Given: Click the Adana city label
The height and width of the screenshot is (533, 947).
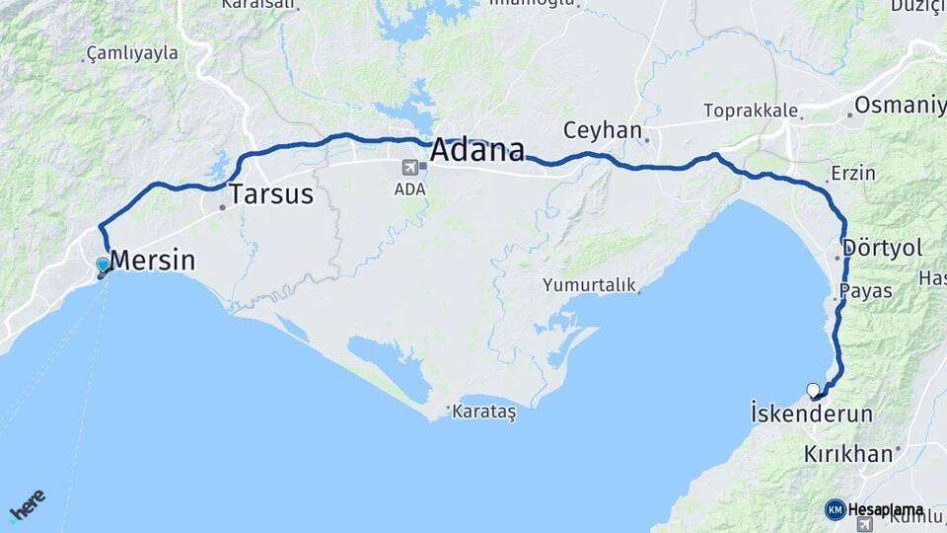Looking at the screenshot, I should pos(477,151).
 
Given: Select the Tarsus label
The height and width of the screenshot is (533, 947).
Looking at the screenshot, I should pos(271,193).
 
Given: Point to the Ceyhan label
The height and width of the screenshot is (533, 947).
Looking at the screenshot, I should pos(602,130).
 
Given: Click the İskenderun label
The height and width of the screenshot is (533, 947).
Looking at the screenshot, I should pos(812,414).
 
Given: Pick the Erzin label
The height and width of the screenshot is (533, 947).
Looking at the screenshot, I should pos(853,173).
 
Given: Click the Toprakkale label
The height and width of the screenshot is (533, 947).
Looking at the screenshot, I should pos(751,111).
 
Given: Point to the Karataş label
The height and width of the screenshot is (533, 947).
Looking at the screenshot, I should pos(483,412).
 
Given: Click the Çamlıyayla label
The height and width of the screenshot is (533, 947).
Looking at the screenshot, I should pos(132,52).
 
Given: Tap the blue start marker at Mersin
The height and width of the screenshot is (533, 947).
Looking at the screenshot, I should pos(103,265).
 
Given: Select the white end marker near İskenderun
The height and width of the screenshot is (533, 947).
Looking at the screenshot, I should pos(813,390).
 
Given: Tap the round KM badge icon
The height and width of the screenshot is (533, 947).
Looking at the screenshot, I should pos(835,509).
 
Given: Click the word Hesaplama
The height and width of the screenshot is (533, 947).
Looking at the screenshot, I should pos(885,509).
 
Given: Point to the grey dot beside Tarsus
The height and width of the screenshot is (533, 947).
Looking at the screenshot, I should pos(223,207).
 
